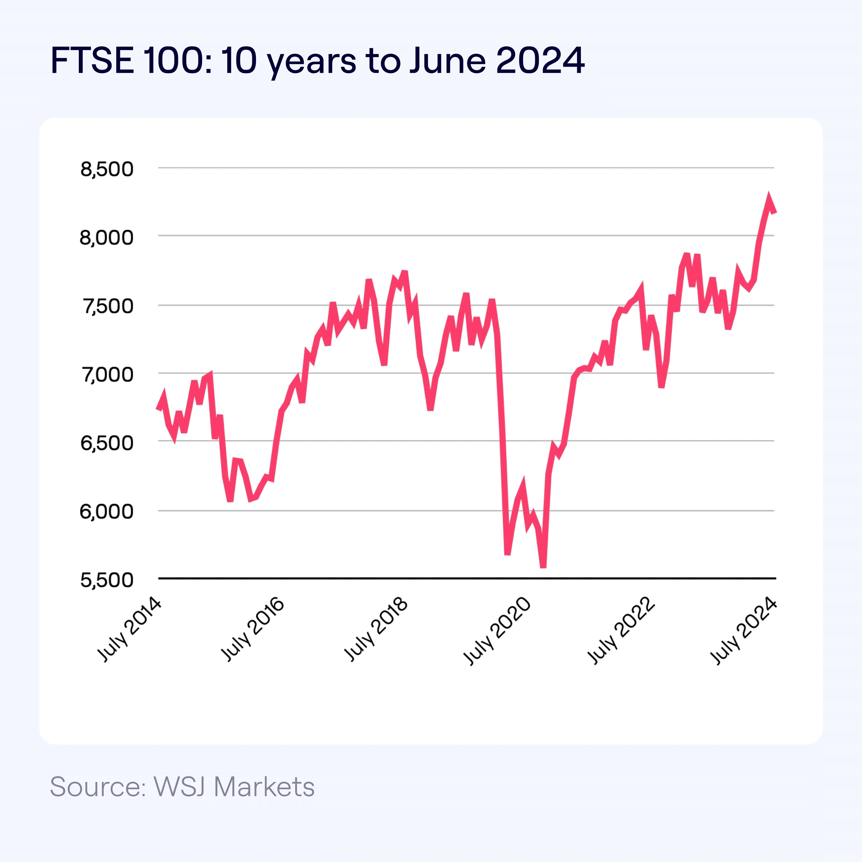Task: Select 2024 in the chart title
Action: coord(540,60)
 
